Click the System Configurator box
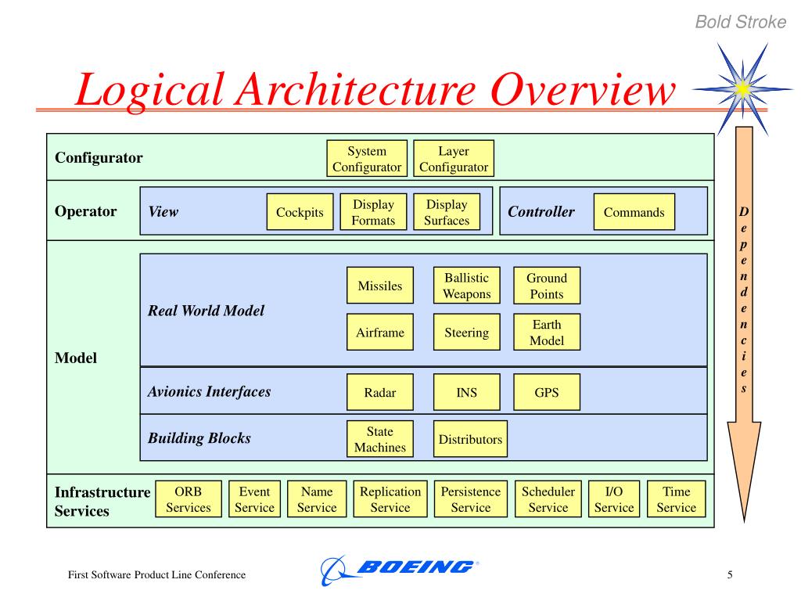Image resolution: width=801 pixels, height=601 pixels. pyautogui.click(x=367, y=158)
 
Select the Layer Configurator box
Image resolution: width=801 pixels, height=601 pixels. pyautogui.click(x=454, y=158)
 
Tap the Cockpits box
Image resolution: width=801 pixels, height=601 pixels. pyautogui.click(x=300, y=211)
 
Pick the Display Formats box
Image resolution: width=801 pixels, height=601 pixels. pyautogui.click(x=373, y=211)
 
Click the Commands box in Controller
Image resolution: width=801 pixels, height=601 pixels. pyautogui.click(x=634, y=211)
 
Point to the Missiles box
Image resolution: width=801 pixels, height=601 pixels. pyautogui.click(x=380, y=285)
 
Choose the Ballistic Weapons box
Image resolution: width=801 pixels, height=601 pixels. pyautogui.click(x=466, y=285)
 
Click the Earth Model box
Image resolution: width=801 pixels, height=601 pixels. pyautogui.click(x=547, y=332)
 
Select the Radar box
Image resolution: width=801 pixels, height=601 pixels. pyautogui.click(x=380, y=392)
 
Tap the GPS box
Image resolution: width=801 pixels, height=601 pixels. pyautogui.click(x=547, y=392)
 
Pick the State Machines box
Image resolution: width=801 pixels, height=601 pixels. pyautogui.click(x=380, y=439)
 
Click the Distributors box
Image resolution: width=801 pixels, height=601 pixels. pyautogui.click(x=470, y=439)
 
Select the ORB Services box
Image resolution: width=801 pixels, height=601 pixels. pyautogui.click(x=189, y=498)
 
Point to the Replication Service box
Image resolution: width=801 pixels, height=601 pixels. pyautogui.click(x=390, y=498)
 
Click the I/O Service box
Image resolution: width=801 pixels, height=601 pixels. pyautogui.click(x=614, y=498)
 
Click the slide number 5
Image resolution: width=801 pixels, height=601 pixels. pyautogui.click(x=730, y=575)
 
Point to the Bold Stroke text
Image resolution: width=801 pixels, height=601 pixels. pyautogui.click(x=741, y=22)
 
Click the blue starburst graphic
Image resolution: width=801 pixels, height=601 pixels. pyautogui.click(x=743, y=89)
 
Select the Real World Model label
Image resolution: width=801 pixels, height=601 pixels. pyautogui.click(x=206, y=310)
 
